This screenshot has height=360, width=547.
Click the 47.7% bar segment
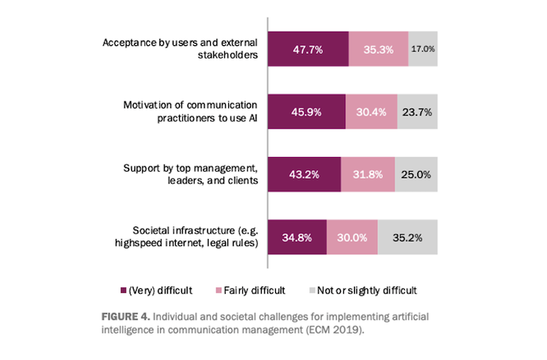point(308,48)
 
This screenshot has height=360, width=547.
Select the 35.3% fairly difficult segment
point(378,48)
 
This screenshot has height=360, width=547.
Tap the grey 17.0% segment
point(423,48)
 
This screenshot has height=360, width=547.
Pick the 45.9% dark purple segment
point(306,112)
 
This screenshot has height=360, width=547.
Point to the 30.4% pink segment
point(370,112)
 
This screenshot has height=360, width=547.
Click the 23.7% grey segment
point(417,112)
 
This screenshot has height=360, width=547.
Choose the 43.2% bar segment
point(304,173)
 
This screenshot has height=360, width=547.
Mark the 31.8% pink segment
point(368,173)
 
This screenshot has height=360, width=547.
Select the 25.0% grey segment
point(417,173)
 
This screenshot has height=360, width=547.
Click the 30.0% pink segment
point(352,236)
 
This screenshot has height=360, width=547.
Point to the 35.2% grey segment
point(408,236)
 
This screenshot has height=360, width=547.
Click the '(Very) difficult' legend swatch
point(123,290)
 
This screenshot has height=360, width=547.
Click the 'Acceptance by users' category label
point(180,48)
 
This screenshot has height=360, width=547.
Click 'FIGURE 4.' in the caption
point(126,318)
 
